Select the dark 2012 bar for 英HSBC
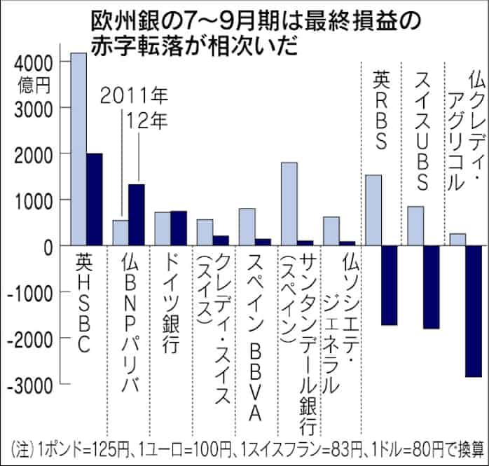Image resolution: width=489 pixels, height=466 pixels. (x=95, y=200)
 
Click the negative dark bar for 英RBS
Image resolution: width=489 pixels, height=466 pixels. (x=389, y=285)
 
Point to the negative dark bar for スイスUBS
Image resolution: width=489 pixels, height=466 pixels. (x=431, y=287)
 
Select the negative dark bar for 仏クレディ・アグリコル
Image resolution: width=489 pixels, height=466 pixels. (x=473, y=311)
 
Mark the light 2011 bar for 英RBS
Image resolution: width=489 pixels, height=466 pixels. (x=373, y=210)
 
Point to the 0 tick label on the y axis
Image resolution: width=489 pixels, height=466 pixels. (x=46, y=247)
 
